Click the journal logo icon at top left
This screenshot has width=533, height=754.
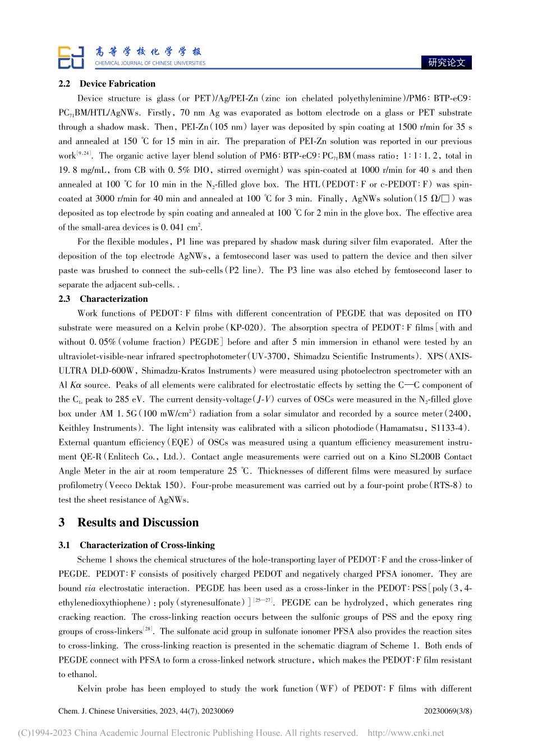tap(71, 57)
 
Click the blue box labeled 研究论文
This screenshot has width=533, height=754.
tap(446, 62)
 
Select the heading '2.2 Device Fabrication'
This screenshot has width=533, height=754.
tap(107, 84)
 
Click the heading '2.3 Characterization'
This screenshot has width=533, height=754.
tap(103, 299)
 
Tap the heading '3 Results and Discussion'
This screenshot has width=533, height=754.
tap(128, 522)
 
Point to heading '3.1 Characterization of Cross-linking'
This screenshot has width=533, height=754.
tap(136, 545)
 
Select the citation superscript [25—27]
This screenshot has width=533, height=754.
tap(263, 600)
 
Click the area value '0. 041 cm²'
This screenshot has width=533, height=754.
tap(181, 227)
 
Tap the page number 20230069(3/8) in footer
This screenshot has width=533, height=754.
tap(448, 711)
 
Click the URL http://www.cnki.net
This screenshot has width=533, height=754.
tap(405, 733)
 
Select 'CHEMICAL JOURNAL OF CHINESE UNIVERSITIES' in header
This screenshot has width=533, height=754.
tap(150, 63)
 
